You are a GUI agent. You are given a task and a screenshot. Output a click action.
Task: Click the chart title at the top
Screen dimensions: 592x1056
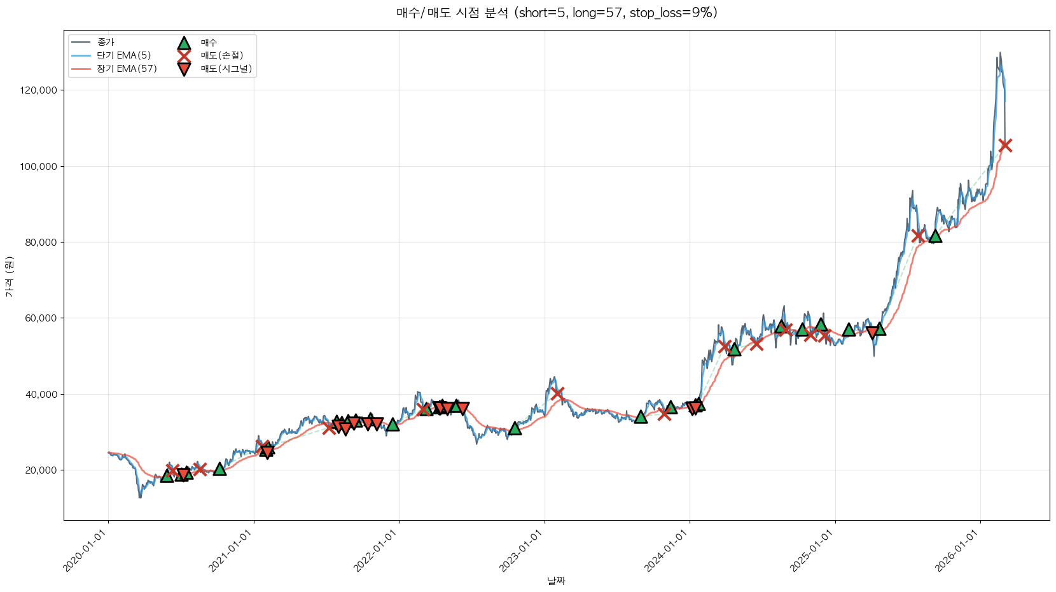tap(557, 13)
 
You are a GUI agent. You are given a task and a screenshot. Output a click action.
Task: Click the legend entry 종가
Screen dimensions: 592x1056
tap(106, 42)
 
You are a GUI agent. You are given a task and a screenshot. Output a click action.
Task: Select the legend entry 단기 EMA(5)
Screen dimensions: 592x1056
tap(123, 55)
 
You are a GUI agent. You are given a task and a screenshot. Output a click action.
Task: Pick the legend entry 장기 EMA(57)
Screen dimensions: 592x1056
tap(127, 69)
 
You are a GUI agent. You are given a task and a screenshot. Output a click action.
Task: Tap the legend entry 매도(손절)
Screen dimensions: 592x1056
tap(221, 55)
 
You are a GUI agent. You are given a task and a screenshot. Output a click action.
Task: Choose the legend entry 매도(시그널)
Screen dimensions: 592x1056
tap(226, 69)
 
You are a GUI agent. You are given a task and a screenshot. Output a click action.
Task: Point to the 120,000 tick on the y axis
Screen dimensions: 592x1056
tap(39, 90)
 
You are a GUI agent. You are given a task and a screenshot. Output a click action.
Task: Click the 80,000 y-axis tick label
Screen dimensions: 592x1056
tap(41, 243)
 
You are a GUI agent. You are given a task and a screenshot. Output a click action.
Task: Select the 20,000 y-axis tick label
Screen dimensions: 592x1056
tap(41, 470)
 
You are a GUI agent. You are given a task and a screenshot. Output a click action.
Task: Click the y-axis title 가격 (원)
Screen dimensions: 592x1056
tap(9, 276)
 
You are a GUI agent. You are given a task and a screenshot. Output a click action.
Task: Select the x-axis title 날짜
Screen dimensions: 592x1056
tap(556, 581)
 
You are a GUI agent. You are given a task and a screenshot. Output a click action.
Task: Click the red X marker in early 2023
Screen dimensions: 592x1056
tap(557, 393)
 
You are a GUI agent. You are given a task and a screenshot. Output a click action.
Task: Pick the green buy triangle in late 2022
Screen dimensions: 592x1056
tap(515, 428)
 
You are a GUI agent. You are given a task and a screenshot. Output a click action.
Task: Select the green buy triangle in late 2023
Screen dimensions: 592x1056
tap(641, 417)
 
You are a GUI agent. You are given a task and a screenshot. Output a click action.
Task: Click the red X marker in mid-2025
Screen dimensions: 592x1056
tap(917, 236)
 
